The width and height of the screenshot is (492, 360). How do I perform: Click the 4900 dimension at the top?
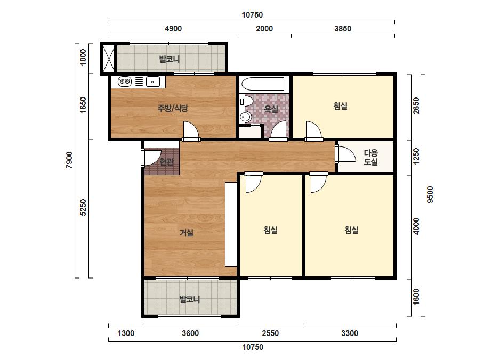pyautogui.click(x=173, y=29)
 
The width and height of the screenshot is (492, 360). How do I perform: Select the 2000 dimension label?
pyautogui.click(x=264, y=29)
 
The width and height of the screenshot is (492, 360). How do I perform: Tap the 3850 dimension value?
pyautogui.click(x=343, y=29)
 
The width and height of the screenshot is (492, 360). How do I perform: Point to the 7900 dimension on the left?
pyautogui.click(x=69, y=160)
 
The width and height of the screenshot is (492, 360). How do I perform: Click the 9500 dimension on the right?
pyautogui.click(x=430, y=194)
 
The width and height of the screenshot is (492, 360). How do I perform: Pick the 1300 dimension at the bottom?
pyautogui.click(x=126, y=333)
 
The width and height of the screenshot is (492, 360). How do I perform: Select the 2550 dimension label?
pyautogui.click(x=270, y=333)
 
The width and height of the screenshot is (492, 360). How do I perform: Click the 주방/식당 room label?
pyautogui.click(x=173, y=109)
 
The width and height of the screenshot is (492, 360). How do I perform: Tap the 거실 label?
pyautogui.click(x=187, y=233)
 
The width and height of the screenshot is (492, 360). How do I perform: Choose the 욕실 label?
pyautogui.click(x=271, y=109)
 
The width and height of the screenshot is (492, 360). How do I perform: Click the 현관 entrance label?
pyautogui.click(x=167, y=162)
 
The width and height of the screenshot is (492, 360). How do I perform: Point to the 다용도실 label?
pyautogui.click(x=370, y=158)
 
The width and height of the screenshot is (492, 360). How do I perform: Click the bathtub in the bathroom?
pyautogui.click(x=263, y=84)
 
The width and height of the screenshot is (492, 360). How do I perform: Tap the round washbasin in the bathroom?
pyautogui.click(x=245, y=117)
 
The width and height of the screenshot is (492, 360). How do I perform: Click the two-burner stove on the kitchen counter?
pyautogui.click(x=125, y=82)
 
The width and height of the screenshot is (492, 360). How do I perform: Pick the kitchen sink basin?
pyautogui.click(x=153, y=82)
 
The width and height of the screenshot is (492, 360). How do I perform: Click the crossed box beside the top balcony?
pyautogui.click(x=109, y=59)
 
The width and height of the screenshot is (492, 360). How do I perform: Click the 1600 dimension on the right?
pyautogui.click(x=416, y=296)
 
